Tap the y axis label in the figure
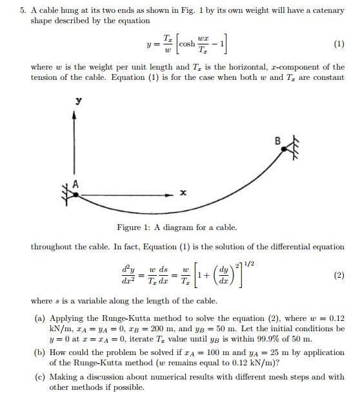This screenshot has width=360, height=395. [x=78, y=101]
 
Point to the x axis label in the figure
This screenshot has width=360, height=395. [x=183, y=193]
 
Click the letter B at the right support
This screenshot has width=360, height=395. [x=278, y=140]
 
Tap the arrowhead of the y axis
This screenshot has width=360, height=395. [x=75, y=115]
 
